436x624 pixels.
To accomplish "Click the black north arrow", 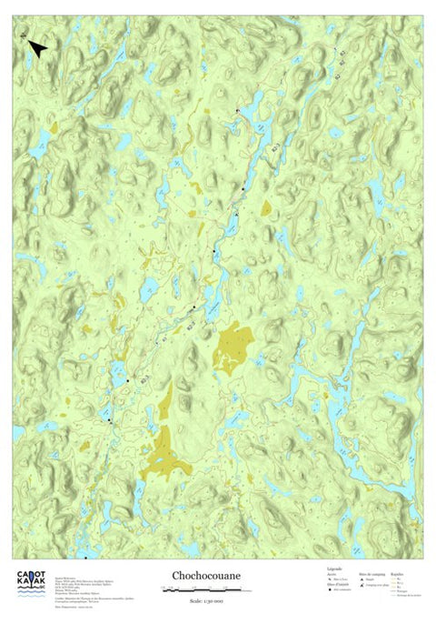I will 37,48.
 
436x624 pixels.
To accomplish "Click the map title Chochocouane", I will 203,576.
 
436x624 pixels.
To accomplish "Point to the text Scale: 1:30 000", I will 203,601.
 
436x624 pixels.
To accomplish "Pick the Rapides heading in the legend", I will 398,574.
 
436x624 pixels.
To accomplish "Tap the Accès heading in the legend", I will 330,574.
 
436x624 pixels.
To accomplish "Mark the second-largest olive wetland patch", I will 233,347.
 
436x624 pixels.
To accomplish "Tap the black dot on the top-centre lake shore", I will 237,111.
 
